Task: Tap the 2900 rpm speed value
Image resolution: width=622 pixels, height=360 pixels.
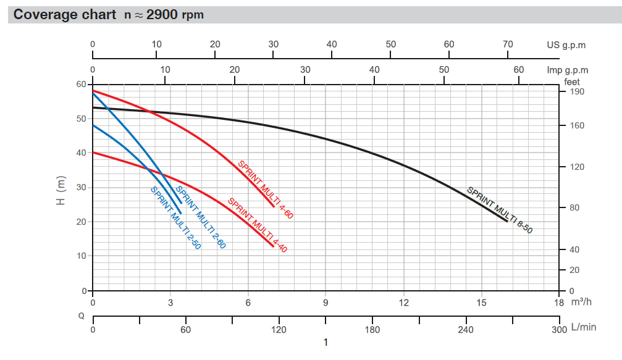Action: pos(175,15)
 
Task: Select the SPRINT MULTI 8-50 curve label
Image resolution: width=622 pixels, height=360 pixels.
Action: pos(499,210)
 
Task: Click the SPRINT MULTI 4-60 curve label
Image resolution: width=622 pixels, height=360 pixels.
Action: pos(265,190)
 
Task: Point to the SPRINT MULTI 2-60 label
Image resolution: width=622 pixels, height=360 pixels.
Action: pos(201,217)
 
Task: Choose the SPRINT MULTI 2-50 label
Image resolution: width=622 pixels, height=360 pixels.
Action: pos(175,217)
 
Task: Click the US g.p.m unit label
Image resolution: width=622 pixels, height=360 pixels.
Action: pos(566,45)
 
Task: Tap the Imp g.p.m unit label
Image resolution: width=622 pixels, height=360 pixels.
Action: pos(568,70)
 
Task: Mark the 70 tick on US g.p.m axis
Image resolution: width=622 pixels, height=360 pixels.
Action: pos(508,44)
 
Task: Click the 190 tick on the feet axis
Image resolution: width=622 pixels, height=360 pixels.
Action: pos(576,92)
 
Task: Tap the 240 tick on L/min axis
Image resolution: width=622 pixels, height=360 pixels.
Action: pos(465,329)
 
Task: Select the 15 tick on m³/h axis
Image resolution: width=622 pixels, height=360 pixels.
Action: pos(481,303)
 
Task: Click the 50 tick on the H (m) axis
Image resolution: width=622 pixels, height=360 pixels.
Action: pos(80,119)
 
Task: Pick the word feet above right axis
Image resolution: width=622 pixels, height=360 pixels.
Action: pos(573,81)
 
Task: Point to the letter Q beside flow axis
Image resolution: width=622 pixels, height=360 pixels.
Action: pos(81,316)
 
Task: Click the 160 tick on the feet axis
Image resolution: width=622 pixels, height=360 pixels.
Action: pos(576,126)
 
